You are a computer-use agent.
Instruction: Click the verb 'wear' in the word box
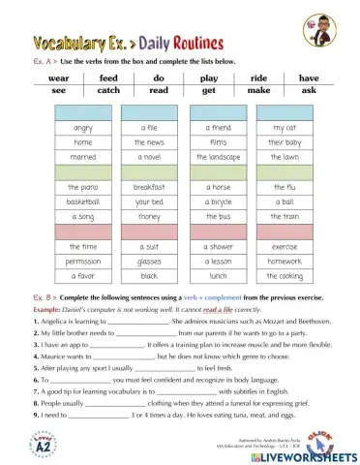pos(58,76)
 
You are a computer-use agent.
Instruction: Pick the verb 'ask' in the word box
pos(309,89)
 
